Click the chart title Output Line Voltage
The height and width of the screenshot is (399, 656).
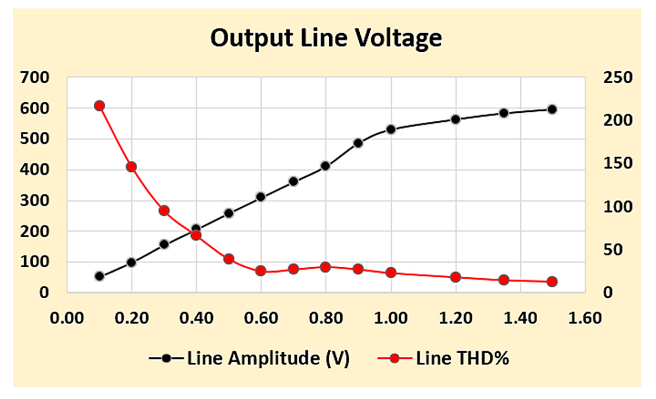pyautogui.click(x=326, y=39)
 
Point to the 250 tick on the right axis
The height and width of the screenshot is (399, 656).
pyautogui.click(x=618, y=77)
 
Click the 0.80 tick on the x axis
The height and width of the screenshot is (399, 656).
pyautogui.click(x=326, y=318)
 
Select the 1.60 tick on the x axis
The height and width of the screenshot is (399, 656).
pyautogui.click(x=585, y=318)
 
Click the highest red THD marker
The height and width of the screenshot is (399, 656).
pyautogui.click(x=99, y=106)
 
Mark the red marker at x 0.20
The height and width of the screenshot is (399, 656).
pyautogui.click(x=132, y=167)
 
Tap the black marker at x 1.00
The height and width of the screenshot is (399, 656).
pyautogui.click(x=391, y=130)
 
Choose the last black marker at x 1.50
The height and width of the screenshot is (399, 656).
pyautogui.click(x=552, y=110)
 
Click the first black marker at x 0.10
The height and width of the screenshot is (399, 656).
pyautogui.click(x=99, y=276)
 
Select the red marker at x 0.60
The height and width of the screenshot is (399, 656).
pyautogui.click(x=261, y=271)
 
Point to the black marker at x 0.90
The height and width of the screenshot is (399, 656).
pyautogui.click(x=358, y=143)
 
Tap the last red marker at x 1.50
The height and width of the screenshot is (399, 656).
pyautogui.click(x=552, y=282)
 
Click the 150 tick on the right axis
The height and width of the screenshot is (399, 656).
pyautogui.click(x=618, y=164)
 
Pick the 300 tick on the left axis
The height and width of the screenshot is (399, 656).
pyautogui.click(x=34, y=201)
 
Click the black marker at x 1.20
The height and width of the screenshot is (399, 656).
pyautogui.click(x=456, y=119)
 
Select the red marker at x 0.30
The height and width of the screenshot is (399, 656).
pyautogui.click(x=164, y=211)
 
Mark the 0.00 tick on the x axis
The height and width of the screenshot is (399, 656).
pyautogui.click(x=67, y=318)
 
